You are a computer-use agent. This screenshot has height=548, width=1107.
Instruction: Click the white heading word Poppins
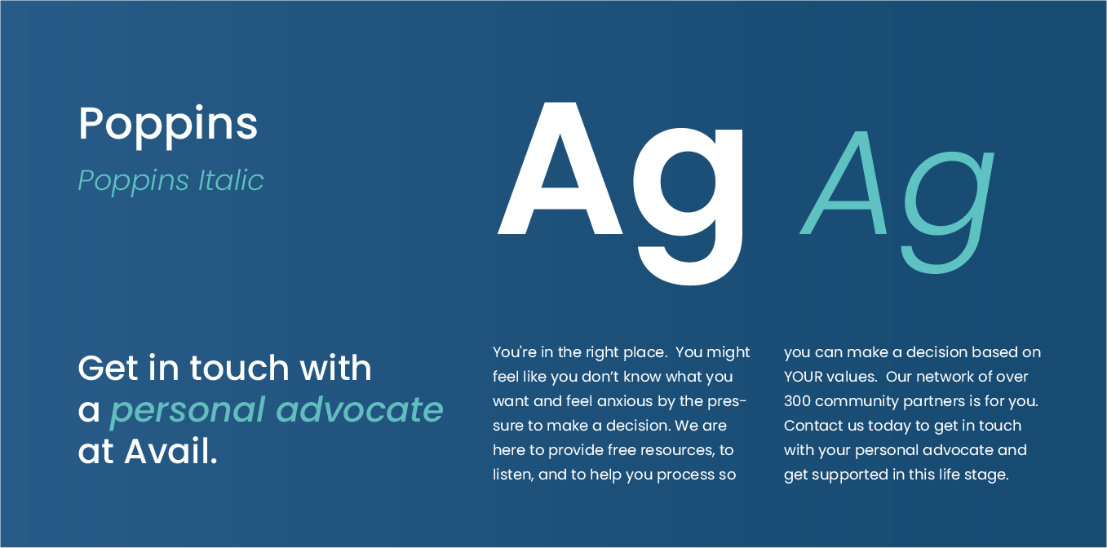[168, 125]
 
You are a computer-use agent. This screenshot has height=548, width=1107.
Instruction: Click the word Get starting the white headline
[108, 369]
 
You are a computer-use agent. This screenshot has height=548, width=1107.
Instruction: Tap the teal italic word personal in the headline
[187, 410]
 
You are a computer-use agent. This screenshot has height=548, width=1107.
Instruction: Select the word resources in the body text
[676, 450]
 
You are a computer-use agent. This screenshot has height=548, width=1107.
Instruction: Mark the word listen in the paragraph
[512, 475]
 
